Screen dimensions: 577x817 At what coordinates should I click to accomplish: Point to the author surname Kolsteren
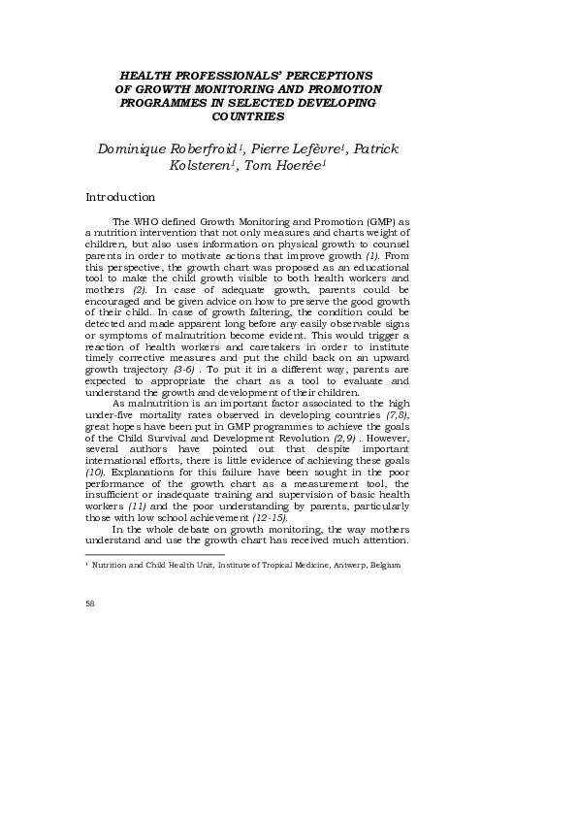(203, 166)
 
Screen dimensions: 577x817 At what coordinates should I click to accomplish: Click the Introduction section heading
(120, 197)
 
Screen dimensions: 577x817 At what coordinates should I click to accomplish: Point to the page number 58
(90, 604)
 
